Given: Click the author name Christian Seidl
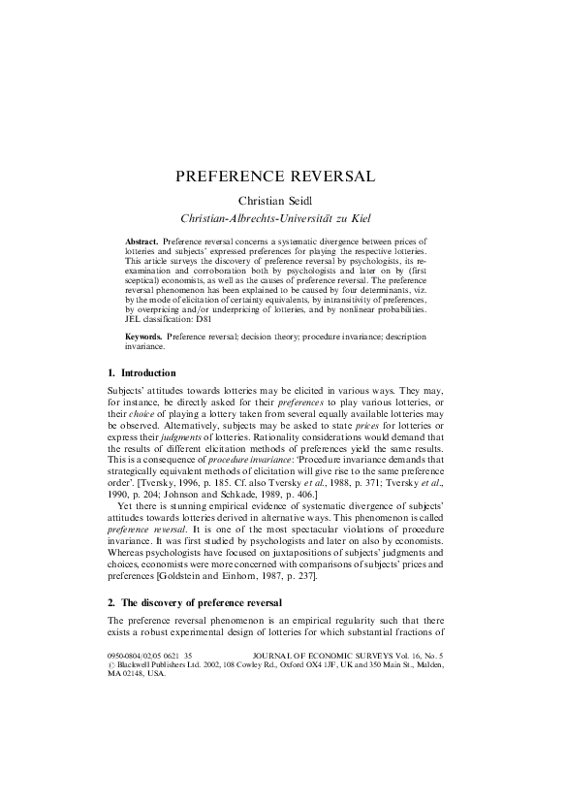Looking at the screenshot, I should [x=282, y=200].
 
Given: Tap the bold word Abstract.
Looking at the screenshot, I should [x=142, y=239].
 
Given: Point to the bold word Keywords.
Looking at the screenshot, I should [x=144, y=336].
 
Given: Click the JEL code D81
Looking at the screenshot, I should [x=203, y=317].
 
